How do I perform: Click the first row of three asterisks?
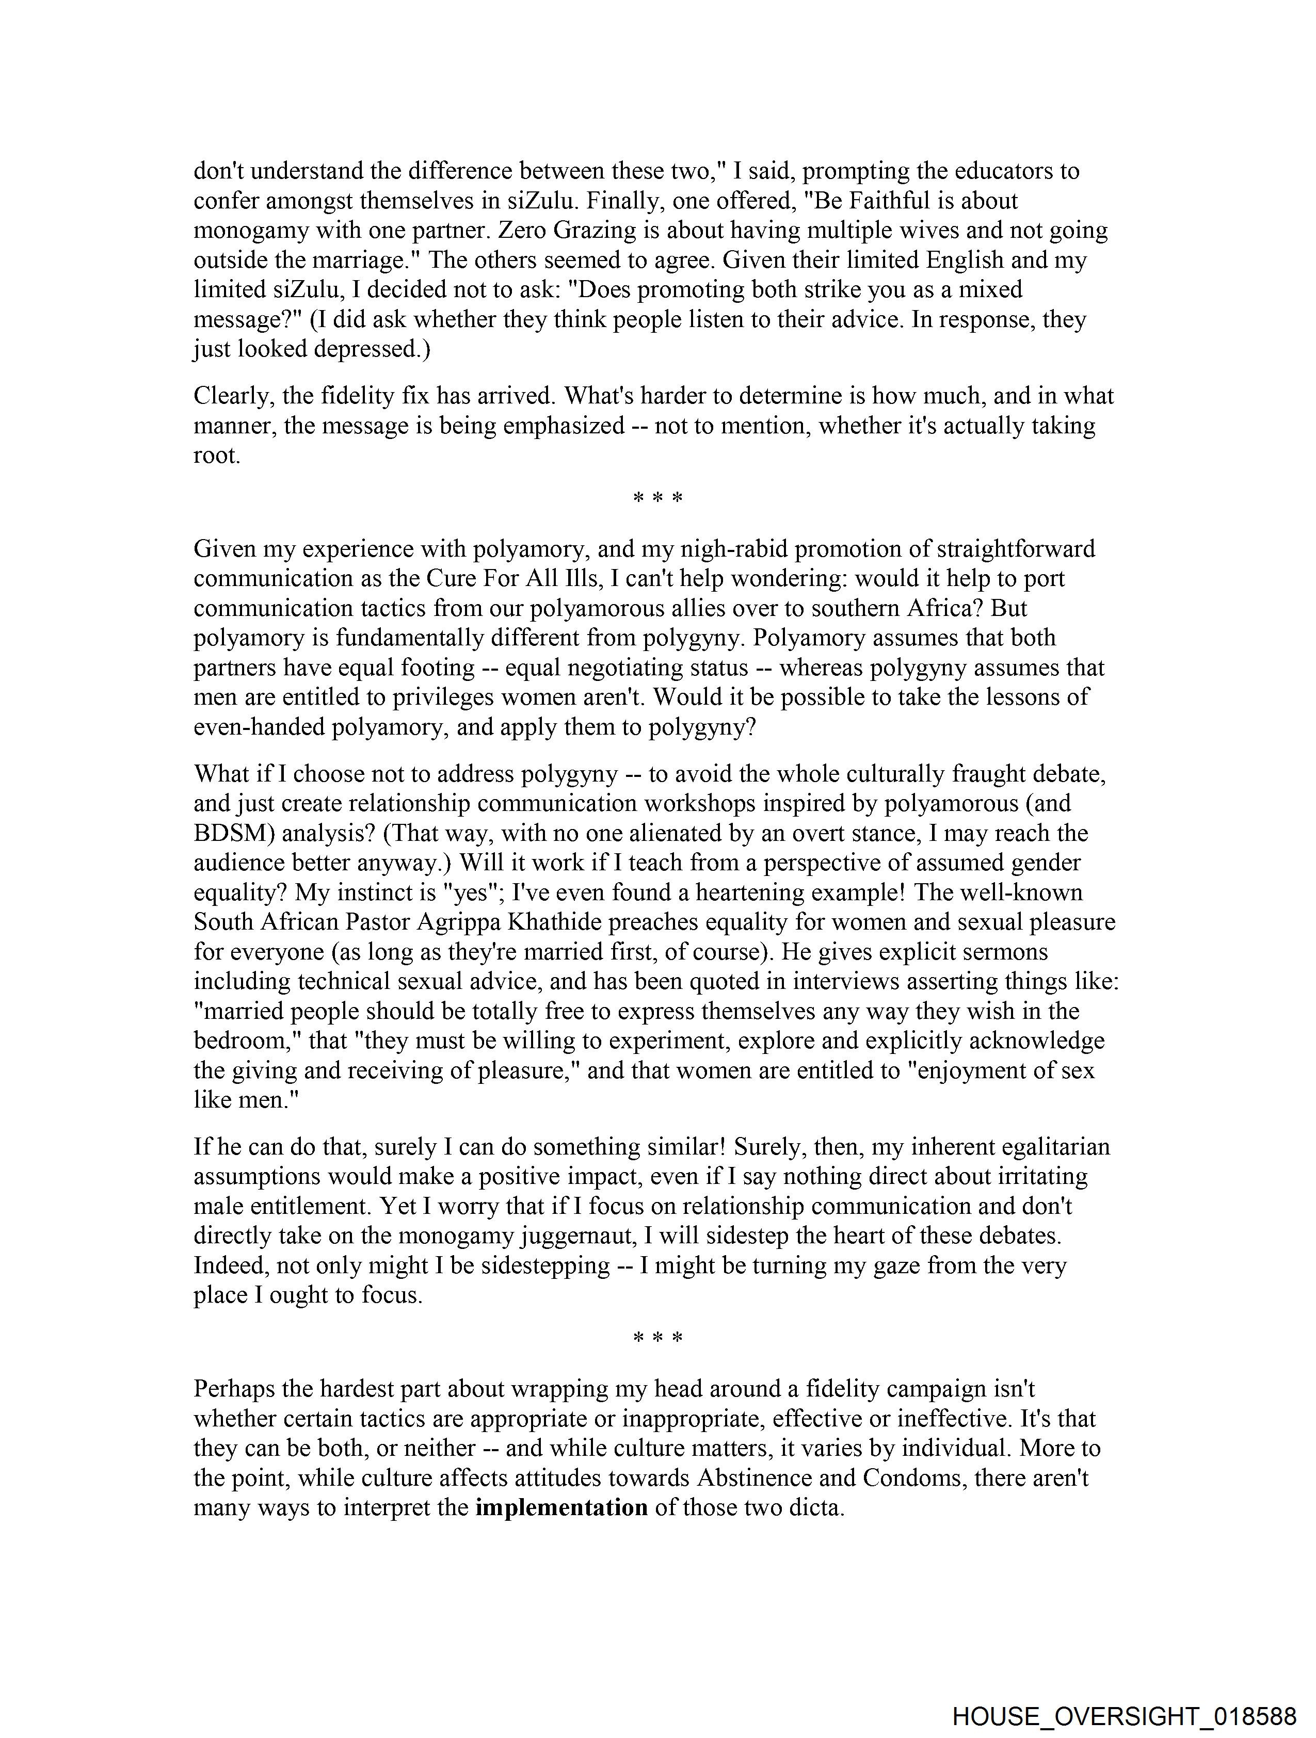657,499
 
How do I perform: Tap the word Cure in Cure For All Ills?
451,578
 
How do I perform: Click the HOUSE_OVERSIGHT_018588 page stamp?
1124,1716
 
